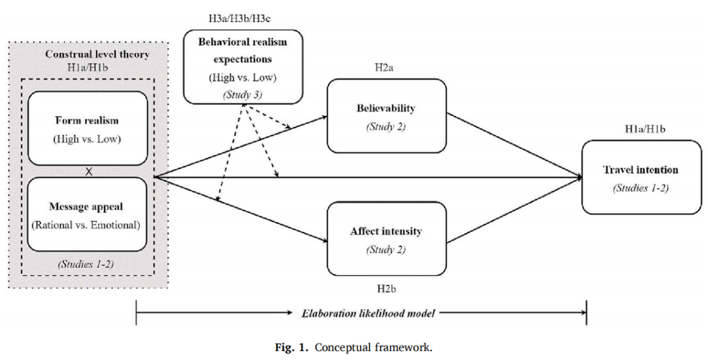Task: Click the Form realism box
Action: click(88, 128)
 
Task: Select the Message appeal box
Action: click(88, 214)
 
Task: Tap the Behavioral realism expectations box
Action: click(243, 66)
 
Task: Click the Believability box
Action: click(386, 117)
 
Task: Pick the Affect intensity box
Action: click(386, 239)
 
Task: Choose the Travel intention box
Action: click(641, 177)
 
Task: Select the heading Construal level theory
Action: click(97, 54)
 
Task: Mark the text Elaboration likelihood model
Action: click(361, 312)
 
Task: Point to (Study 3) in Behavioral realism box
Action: click(243, 95)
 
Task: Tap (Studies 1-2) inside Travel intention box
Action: click(641, 189)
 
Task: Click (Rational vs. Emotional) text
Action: click(88, 225)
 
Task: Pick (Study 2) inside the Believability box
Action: click(386, 126)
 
